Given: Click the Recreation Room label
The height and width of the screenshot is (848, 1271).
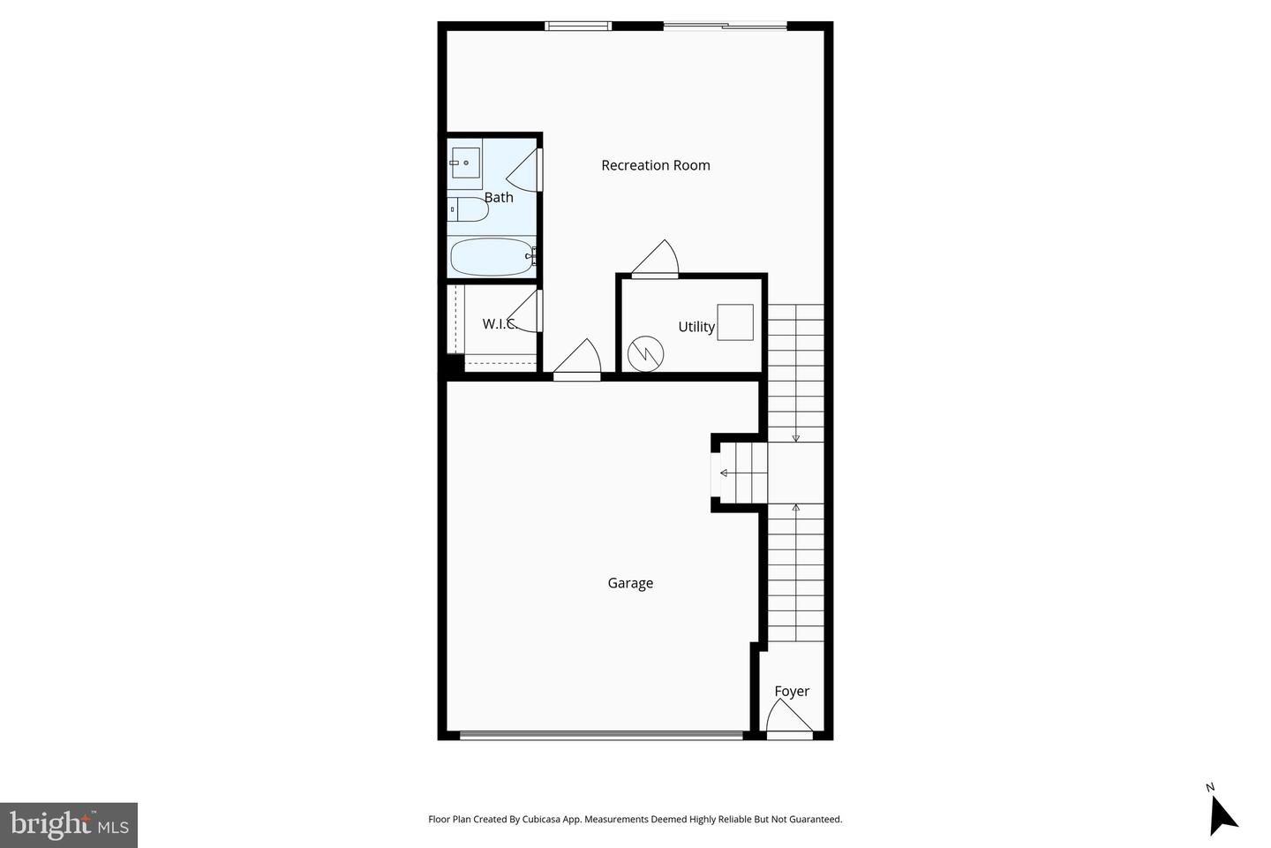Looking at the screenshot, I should tap(655, 165).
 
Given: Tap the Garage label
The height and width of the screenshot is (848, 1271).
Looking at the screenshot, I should tap(630, 583).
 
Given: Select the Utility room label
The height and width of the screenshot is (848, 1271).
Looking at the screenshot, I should tap(696, 327).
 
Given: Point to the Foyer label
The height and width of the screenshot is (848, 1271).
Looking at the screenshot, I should tap(792, 692).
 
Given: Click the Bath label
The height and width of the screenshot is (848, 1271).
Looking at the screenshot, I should tap(499, 197).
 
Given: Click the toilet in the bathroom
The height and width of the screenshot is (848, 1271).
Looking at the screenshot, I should tap(468, 210).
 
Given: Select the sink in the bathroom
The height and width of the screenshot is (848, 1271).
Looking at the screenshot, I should tap(464, 163).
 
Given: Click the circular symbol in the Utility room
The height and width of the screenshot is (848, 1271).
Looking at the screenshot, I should tap(645, 353).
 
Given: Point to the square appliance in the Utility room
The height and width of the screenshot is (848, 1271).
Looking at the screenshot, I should tap(735, 322).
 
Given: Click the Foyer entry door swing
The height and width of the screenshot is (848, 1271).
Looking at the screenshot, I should tap(788, 716).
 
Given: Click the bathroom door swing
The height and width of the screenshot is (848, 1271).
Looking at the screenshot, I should tap(524, 170).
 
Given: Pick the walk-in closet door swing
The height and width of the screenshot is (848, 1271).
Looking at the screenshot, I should tap(524, 312).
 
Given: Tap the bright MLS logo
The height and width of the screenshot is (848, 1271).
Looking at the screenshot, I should tap(69, 825).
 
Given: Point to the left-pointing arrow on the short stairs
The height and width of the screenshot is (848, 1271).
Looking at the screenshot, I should tap(725, 473).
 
